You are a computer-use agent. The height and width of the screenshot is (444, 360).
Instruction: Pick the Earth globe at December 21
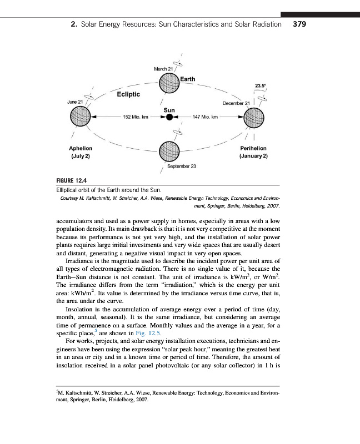pyautogui.click(x=255, y=118)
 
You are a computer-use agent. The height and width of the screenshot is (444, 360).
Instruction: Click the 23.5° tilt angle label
pyautogui.click(x=260, y=85)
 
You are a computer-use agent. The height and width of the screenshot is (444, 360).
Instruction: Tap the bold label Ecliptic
pyautogui.click(x=128, y=94)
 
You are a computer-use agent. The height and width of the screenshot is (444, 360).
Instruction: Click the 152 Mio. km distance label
pyautogui.click(x=134, y=118)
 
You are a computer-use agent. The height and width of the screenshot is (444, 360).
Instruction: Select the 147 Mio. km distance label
pyautogui.click(x=206, y=118)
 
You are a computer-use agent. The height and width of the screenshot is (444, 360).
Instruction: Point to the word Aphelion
pyautogui.click(x=80, y=149)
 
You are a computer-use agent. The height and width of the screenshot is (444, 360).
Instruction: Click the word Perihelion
pyautogui.click(x=253, y=149)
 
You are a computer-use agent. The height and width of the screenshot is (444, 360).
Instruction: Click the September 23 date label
pyautogui.click(x=180, y=166)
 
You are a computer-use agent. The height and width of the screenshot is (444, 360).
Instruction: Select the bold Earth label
pyautogui.click(x=188, y=79)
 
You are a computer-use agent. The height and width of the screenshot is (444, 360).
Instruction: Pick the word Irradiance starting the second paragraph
pyautogui.click(x=81, y=260)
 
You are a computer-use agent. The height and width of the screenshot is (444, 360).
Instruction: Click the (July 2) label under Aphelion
pyautogui.click(x=81, y=157)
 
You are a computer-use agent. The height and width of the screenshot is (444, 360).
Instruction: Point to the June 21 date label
pyautogui.click(x=75, y=103)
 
